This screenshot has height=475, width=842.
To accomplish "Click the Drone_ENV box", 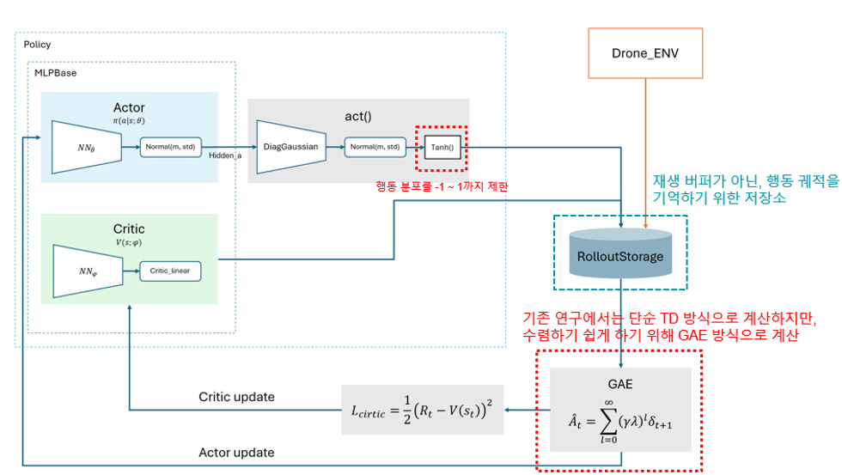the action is pos(645,53).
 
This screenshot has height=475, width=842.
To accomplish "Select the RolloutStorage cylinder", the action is pos(620,253).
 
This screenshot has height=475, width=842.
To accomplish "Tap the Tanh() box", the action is pos(442,147).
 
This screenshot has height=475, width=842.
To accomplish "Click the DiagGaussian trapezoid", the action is pos(291,147).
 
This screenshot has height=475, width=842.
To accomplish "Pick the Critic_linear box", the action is pos(170,271).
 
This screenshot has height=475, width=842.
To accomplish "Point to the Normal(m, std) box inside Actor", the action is pos(170,147).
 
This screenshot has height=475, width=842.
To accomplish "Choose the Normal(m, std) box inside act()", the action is pos(375,147).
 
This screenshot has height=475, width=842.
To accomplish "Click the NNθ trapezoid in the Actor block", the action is pos(87,147).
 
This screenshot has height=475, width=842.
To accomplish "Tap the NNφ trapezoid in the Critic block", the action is pos(88,271).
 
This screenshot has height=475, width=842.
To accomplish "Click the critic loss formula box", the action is pos(423,410).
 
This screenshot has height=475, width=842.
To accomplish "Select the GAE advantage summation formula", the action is pos(620,422).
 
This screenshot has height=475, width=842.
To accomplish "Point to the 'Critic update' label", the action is pos(236,397).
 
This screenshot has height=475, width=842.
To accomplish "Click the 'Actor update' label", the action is pos(236,453).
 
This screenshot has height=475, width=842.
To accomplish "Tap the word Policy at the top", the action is pos(37,45).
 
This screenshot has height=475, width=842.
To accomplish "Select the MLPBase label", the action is pos(55,73).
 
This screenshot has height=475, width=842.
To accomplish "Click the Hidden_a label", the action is pos(225,155).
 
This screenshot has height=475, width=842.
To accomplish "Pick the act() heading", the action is pos(358,117).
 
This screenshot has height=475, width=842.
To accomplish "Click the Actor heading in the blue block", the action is pos(129,107).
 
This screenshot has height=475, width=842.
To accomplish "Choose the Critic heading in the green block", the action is pos(129,229).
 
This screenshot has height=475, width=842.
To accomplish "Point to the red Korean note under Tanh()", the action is pos(442,186).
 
